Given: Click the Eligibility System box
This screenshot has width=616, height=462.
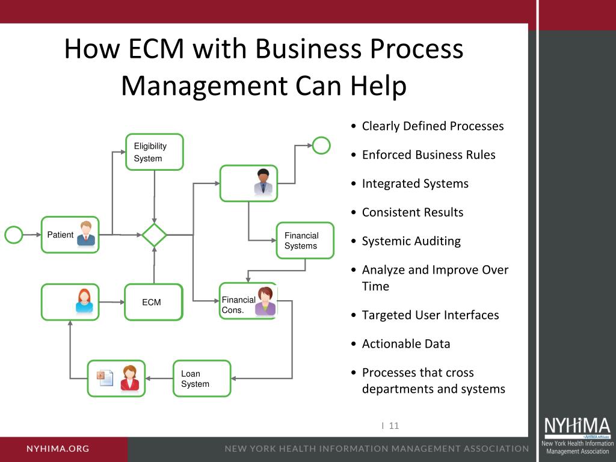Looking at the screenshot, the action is (x=155, y=152).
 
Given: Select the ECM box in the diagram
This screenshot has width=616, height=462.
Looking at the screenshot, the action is (x=153, y=302).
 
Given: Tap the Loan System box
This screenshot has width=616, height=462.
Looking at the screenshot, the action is (x=202, y=378).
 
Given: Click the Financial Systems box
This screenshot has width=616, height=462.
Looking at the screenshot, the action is (x=305, y=241).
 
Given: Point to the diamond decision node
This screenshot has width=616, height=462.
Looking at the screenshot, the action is (x=155, y=235).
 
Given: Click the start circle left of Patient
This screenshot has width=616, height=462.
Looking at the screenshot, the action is (x=14, y=235).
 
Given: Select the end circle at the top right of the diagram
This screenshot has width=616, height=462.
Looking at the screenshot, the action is (x=322, y=145).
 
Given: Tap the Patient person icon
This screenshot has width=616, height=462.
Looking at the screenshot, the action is (x=86, y=233).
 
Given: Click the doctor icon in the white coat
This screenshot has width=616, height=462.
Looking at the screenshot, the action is (x=263, y=182).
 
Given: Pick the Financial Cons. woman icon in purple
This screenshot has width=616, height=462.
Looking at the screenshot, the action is (x=265, y=301).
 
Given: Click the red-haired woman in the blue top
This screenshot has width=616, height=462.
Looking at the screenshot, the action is (x=84, y=301).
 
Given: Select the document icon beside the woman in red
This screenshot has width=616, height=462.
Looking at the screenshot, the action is (x=106, y=378).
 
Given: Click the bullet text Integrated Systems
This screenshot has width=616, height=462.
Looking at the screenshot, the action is (x=415, y=183).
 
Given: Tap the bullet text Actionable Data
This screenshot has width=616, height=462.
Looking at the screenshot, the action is (x=406, y=343).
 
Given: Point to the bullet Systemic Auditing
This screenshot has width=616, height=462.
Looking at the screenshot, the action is (x=411, y=241).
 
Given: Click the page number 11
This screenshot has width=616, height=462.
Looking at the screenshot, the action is (x=394, y=426).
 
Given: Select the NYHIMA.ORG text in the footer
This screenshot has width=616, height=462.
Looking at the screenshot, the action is (x=58, y=448).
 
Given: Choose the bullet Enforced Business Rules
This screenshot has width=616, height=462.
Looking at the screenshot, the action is (x=429, y=155).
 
